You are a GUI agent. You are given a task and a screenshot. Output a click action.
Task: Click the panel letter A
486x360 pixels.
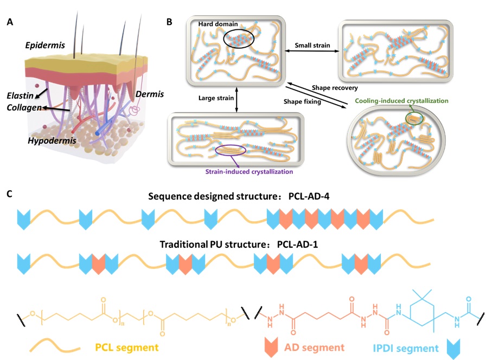(10, 23)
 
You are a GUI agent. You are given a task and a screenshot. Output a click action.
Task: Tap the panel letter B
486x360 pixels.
(169, 23)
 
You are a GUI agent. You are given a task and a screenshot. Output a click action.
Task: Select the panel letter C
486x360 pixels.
(10, 194)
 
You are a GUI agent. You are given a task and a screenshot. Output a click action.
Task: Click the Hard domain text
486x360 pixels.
(215, 24)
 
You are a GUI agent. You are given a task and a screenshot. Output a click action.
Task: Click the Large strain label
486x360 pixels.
(214, 99)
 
